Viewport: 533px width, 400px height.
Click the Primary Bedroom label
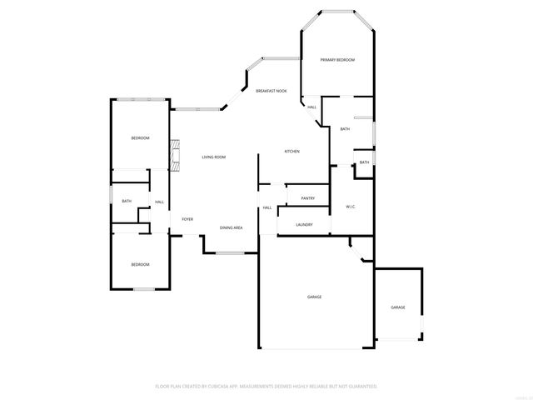[x=338, y=60]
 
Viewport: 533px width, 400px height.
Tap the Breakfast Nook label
[x=271, y=90]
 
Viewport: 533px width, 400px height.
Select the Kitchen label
[x=291, y=151]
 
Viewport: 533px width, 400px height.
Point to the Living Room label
[x=214, y=157]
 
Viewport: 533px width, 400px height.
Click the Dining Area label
[x=231, y=227]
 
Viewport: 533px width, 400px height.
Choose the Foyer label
[x=187, y=218]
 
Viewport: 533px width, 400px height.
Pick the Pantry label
[x=307, y=198]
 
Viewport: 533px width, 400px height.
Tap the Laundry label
[x=304, y=224]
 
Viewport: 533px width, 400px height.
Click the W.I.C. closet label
[x=350, y=207]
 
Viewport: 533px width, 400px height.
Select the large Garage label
[x=314, y=297]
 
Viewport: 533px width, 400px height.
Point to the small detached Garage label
[x=398, y=307]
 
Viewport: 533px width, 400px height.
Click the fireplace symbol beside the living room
[x=175, y=152]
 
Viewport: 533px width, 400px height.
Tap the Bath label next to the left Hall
[x=127, y=201]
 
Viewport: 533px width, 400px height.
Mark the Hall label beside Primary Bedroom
[x=311, y=107]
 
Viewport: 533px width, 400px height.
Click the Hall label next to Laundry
[x=267, y=207]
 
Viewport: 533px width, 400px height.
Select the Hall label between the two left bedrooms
[x=159, y=202]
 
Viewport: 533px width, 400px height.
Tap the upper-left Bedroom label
[x=140, y=137]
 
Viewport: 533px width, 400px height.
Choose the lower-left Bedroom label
[x=140, y=264]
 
